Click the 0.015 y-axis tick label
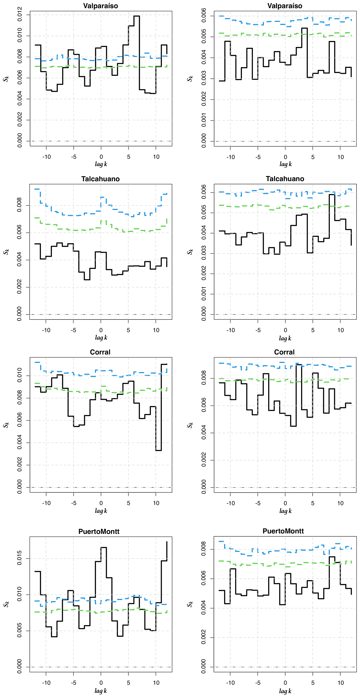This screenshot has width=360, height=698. pyautogui.click(x=20, y=559)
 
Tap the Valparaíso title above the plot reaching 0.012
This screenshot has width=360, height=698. pyautogui.click(x=100, y=6)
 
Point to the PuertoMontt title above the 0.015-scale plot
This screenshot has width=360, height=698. pyautogui.click(x=99, y=531)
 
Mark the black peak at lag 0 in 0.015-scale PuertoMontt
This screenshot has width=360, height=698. pyautogui.click(x=104, y=548)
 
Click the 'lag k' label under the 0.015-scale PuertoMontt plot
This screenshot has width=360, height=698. pyautogui.click(x=101, y=691)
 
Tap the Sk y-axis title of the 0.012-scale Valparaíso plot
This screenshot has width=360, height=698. pyautogui.click(x=6, y=79)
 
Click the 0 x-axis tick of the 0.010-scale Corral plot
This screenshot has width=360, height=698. pyautogui.click(x=101, y=503)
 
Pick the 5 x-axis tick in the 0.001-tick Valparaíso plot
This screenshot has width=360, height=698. pyautogui.click(x=313, y=157)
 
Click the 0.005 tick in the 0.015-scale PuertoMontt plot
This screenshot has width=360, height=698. pyautogui.click(x=20, y=631)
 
